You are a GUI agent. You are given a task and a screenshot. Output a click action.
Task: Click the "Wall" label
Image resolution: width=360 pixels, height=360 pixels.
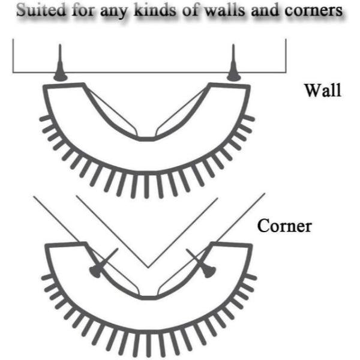click(323, 92)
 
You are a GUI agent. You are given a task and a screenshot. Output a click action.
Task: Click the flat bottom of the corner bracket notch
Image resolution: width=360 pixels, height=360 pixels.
click(148, 297)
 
